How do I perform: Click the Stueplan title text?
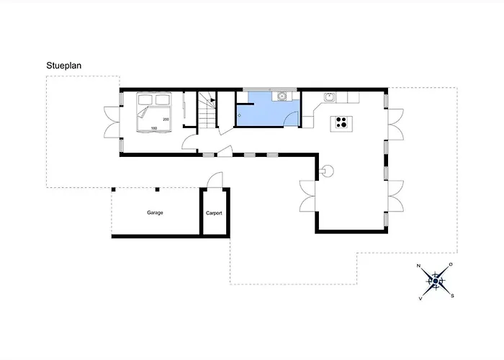(x=63, y=66)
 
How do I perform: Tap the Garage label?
(x=155, y=212)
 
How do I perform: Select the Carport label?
(x=214, y=213)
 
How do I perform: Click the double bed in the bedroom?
(x=153, y=112)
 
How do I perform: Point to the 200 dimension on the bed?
(x=166, y=120)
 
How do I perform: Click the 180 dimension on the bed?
(x=154, y=128)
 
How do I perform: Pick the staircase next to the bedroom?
(x=207, y=109)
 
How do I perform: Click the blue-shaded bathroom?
(x=268, y=109)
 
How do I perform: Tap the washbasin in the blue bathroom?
(x=282, y=96)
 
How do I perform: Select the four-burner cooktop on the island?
(x=341, y=122)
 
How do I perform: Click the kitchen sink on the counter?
(x=330, y=96)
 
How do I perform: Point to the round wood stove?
(x=328, y=171)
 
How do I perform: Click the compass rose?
(x=435, y=282)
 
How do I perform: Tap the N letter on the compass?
(x=418, y=266)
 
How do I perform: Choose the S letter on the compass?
(x=452, y=296)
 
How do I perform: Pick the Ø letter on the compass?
(x=451, y=264)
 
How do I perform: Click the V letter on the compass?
(x=420, y=299)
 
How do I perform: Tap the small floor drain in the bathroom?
(x=240, y=115)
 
